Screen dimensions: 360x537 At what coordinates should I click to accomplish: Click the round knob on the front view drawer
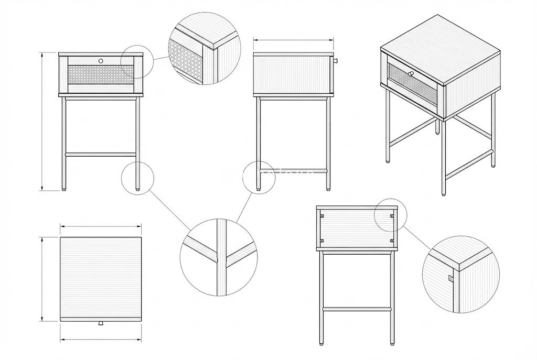pos(101,61)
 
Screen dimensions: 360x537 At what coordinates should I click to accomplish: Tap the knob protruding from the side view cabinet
pos(336,62)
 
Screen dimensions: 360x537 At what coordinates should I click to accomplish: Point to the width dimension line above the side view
pos(293,39)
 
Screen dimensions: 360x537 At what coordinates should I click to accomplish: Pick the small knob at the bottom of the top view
pos(101,324)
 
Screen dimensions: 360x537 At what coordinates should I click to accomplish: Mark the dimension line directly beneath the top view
pos(101,340)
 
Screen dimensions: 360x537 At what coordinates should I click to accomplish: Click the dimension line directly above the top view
pos(101,226)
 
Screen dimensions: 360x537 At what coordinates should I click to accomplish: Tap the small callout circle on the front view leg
pos(138,178)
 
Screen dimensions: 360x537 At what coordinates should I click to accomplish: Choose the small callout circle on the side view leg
pos(259,177)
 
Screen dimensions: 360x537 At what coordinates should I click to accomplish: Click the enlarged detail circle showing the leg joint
pos(219,257)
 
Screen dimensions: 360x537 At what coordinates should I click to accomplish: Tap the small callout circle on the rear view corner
pos(391,215)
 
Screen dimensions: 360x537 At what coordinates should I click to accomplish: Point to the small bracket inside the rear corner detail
pos(450,277)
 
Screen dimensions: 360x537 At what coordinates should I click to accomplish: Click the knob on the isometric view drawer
pos(411,73)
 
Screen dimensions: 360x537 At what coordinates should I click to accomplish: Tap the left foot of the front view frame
pos(65,188)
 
